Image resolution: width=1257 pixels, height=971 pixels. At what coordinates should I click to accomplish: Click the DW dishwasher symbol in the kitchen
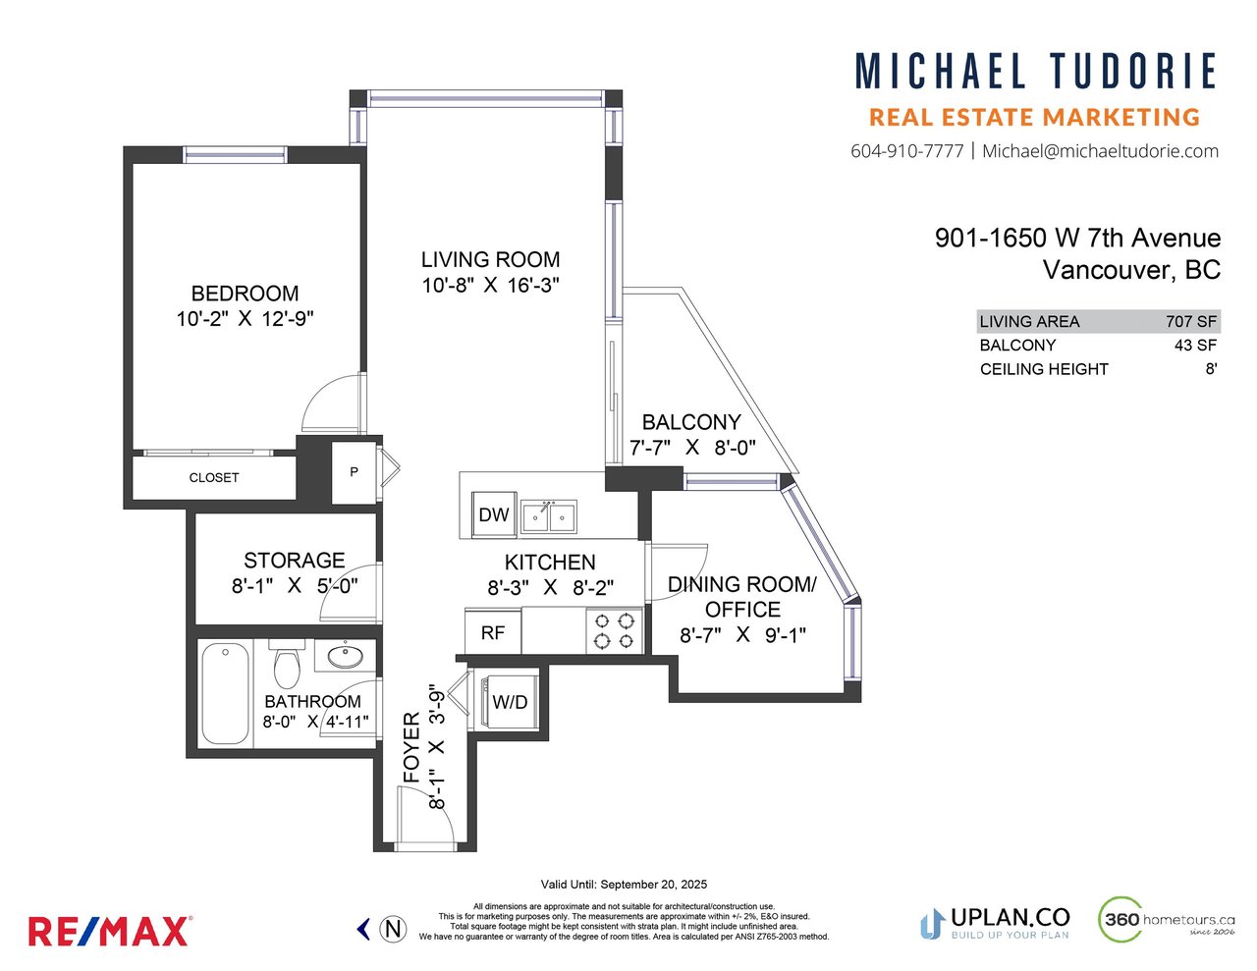point(493,513)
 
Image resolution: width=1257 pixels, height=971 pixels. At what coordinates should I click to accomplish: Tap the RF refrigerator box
point(493,631)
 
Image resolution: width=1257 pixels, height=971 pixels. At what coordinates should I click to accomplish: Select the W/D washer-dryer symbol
point(509,702)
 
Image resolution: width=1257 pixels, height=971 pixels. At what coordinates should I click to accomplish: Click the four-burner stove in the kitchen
point(614,631)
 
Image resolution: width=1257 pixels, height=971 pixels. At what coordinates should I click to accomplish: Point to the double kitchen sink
point(548,516)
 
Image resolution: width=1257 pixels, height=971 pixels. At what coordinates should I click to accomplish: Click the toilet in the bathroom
point(287,664)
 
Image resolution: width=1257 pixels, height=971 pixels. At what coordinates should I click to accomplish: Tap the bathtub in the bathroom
point(226,693)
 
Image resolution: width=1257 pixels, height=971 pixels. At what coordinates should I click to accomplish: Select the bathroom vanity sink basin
point(346,657)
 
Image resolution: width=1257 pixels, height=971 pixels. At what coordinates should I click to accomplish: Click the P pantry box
point(354,472)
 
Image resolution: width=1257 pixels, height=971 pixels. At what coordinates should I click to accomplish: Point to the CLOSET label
point(213,478)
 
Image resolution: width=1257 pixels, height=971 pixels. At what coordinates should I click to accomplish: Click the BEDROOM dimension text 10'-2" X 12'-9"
point(245,319)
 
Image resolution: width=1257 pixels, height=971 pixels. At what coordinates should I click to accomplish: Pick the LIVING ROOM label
point(490,259)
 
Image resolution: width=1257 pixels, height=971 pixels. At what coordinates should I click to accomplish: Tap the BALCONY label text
point(691,422)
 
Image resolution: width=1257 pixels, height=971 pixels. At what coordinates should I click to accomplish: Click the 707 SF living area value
point(1191,322)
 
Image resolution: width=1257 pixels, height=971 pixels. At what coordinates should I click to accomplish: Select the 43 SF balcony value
point(1195,346)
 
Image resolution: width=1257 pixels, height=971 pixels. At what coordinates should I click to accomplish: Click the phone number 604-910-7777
point(906,151)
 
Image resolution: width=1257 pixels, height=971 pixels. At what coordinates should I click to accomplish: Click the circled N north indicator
point(393,930)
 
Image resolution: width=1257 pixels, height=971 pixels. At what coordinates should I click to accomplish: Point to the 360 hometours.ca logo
point(1167,920)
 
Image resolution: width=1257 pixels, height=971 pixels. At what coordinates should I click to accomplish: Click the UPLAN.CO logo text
point(1010,918)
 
